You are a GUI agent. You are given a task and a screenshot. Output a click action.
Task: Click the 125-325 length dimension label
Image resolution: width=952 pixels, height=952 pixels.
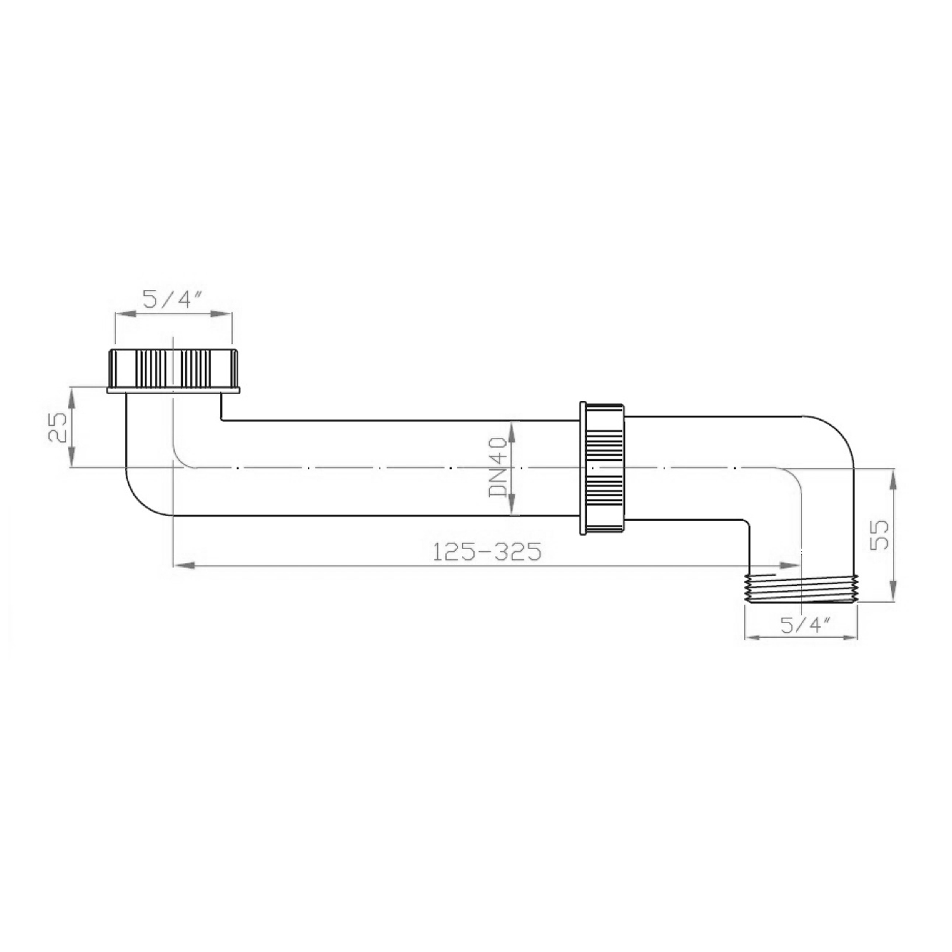click(487, 552)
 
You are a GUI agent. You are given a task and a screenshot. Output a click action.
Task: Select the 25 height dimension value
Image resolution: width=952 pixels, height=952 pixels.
click(58, 426)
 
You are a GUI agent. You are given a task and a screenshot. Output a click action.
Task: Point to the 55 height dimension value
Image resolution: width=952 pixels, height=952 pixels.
click(880, 535)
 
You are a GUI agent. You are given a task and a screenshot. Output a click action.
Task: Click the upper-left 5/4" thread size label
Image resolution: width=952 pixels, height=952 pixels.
click(173, 299)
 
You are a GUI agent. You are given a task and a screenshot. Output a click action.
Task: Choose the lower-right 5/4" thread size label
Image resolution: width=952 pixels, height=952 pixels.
click(801, 626)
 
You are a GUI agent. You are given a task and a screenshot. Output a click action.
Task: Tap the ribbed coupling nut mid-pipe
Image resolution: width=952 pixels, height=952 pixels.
click(602, 467)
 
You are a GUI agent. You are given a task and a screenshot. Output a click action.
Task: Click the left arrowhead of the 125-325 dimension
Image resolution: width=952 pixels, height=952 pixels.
click(184, 564)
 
